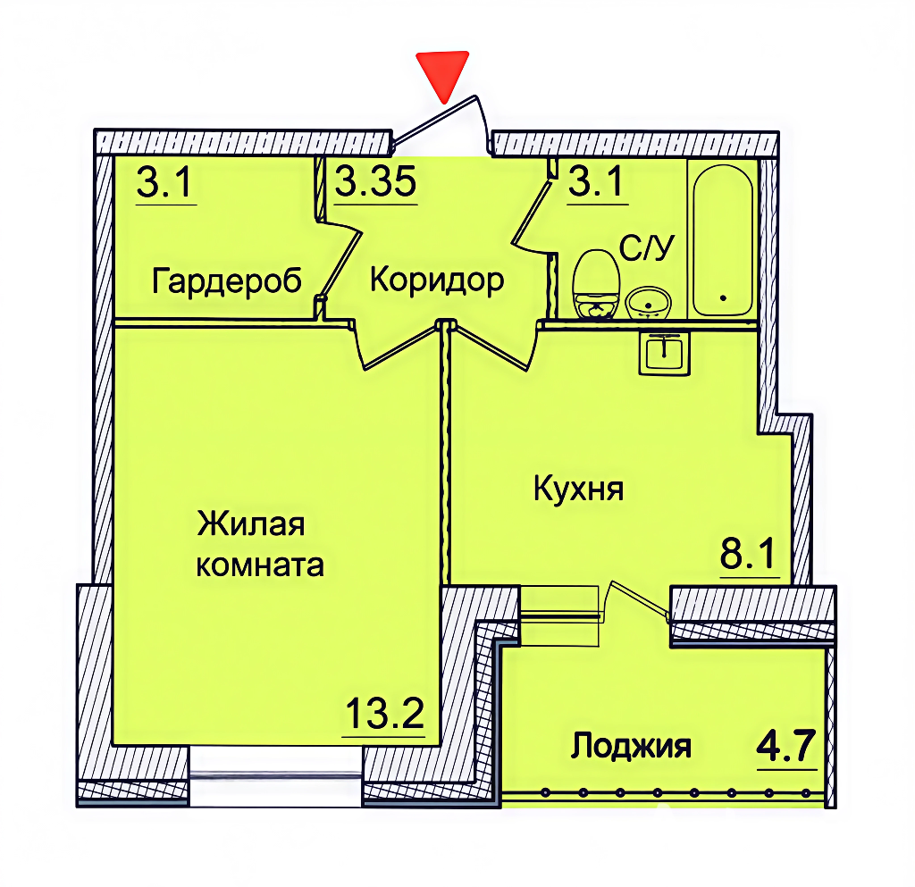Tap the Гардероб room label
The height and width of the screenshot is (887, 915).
(226, 281)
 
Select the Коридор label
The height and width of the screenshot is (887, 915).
(437, 280)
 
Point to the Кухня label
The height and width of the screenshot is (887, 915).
(578, 489)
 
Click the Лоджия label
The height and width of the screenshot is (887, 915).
(631, 747)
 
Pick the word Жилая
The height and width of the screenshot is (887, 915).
(251, 523)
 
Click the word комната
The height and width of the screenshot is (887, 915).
(260, 565)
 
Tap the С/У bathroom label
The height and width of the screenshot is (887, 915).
(647, 247)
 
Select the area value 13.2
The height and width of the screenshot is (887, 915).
(384, 713)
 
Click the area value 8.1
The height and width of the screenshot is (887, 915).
(748, 554)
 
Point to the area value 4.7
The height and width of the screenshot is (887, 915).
(785, 746)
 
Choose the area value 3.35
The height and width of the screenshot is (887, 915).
(376, 180)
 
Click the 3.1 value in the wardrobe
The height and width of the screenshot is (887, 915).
(164, 182)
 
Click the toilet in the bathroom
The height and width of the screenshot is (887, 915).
(596, 284)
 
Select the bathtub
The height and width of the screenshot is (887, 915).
(722, 239)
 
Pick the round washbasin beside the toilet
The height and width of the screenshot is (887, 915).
(649, 302)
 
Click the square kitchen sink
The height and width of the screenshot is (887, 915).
(665, 352)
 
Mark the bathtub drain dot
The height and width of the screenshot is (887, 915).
(724, 298)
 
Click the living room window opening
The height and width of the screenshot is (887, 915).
(275, 776)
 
